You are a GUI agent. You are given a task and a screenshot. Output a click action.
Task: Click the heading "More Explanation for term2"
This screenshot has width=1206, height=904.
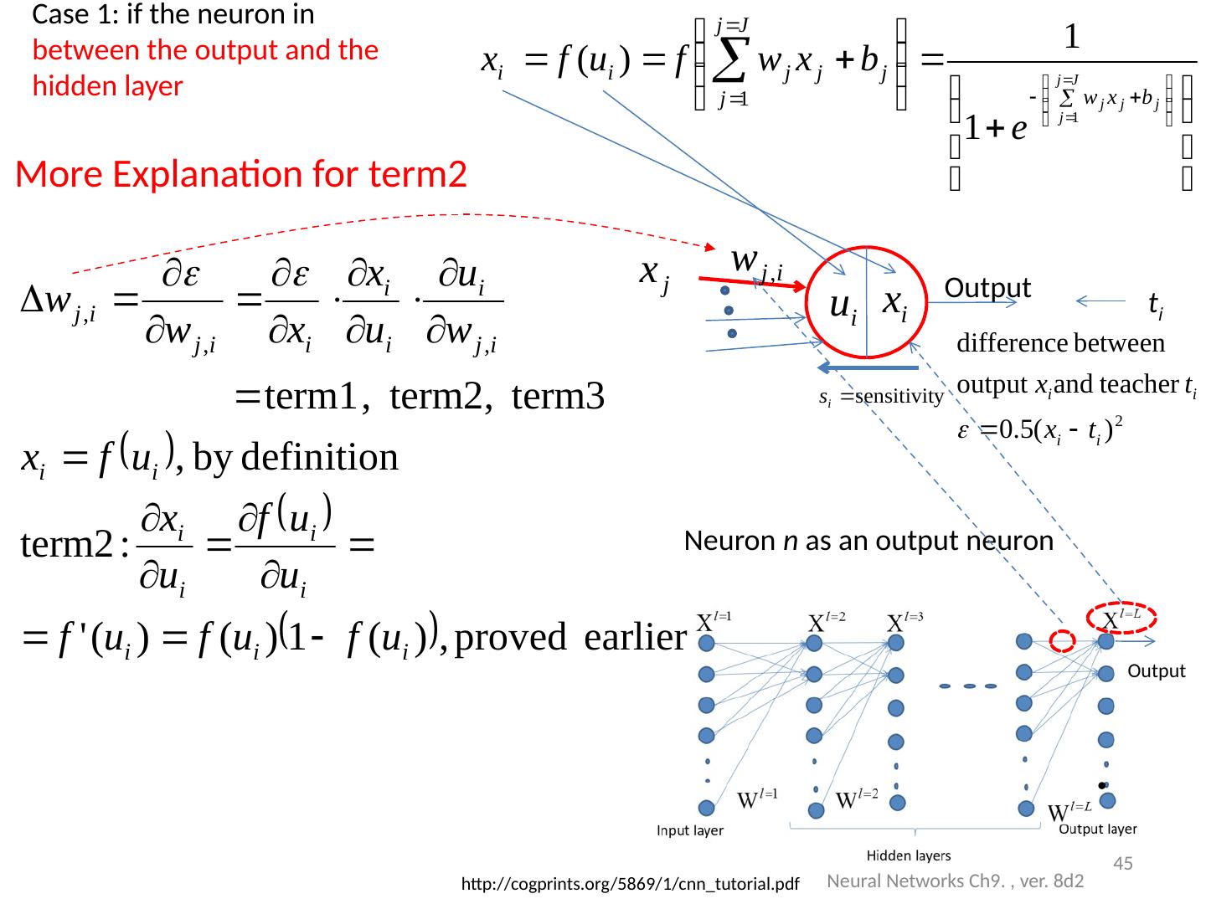pyautogui.click(x=241, y=174)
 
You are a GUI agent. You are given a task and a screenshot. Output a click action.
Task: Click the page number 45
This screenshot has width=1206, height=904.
pyautogui.click(x=1123, y=863)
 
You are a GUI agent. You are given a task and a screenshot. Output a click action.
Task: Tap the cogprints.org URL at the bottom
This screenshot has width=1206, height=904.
pyautogui.click(x=631, y=884)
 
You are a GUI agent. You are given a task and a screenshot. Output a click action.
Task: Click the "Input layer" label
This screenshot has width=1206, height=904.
pyautogui.click(x=690, y=831)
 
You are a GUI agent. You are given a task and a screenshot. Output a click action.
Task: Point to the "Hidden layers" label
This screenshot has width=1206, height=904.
pyautogui.click(x=908, y=855)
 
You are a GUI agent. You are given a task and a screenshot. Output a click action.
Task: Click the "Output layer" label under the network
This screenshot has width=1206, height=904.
pyautogui.click(x=1098, y=830)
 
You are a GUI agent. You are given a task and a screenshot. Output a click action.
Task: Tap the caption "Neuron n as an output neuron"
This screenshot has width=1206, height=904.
pyautogui.click(x=868, y=542)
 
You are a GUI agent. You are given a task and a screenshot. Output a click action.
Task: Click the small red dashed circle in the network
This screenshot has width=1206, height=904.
pyautogui.click(x=1063, y=641)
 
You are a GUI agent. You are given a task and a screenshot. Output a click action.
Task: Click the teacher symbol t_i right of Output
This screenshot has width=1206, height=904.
pyautogui.click(x=1154, y=307)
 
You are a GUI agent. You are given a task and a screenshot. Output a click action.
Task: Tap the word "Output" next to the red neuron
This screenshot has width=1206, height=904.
pyautogui.click(x=987, y=288)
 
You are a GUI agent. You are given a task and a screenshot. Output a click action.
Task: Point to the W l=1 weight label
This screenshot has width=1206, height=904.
pyautogui.click(x=757, y=798)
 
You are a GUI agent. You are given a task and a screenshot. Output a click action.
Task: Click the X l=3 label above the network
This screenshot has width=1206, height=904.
pyautogui.click(x=908, y=624)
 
